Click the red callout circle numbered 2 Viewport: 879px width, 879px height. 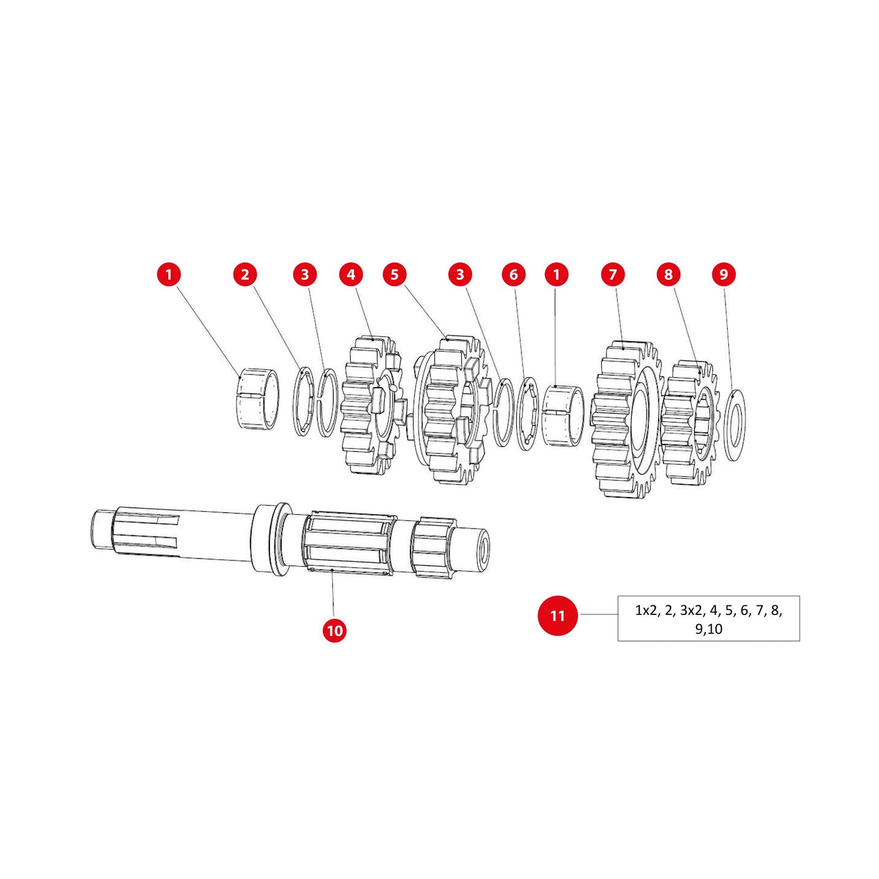pos(245,274)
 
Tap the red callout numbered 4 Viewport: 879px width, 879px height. pos(351,274)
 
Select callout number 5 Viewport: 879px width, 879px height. pos(395,274)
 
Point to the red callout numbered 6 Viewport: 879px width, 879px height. pos(513,274)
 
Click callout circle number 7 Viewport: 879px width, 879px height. pos(613,274)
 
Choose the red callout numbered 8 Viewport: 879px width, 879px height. pos(668,274)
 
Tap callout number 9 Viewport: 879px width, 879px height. pos(723,274)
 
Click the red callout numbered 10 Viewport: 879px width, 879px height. pos(335,630)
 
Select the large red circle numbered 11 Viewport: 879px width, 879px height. pos(557,616)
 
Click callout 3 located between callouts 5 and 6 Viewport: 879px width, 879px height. pos(460,274)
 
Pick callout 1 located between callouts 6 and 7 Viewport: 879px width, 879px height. pos(556,274)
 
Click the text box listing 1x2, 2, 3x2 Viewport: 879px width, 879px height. pos(708,619)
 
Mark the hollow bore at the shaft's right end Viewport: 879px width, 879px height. pos(483,550)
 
